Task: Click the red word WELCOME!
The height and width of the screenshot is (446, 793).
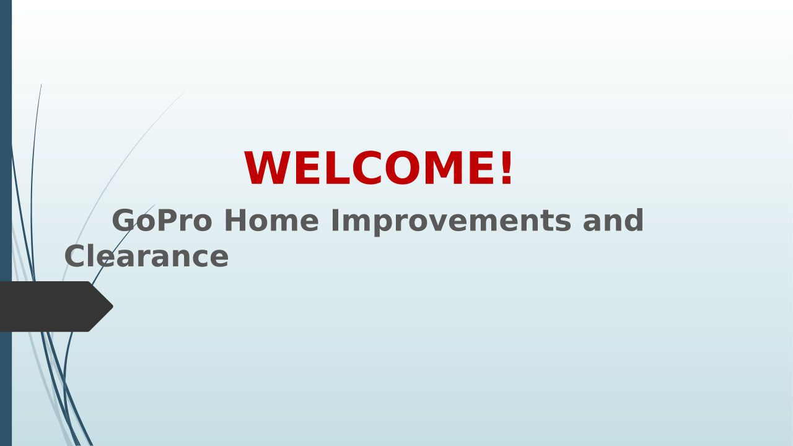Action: (378, 167)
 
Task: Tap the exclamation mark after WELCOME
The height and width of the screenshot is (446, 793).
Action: (506, 167)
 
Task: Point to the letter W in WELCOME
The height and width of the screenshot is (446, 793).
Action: (267, 167)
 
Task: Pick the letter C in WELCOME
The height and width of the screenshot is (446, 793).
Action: (367, 167)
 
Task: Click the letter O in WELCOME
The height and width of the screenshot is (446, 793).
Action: (402, 167)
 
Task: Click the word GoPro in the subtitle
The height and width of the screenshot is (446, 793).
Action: (162, 220)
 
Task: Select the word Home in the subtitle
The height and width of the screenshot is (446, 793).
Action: (271, 220)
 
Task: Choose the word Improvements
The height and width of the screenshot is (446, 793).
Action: (451, 222)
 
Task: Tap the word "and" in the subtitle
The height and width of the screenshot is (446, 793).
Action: (613, 220)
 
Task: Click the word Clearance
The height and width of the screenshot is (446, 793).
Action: (147, 256)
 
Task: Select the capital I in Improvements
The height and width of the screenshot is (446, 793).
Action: (335, 220)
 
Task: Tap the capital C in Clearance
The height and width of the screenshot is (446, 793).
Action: (75, 256)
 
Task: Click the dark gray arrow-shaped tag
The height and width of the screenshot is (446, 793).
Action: (53, 307)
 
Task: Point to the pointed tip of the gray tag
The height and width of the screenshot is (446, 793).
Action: (113, 307)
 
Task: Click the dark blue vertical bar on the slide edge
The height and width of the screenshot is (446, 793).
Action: (6, 223)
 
